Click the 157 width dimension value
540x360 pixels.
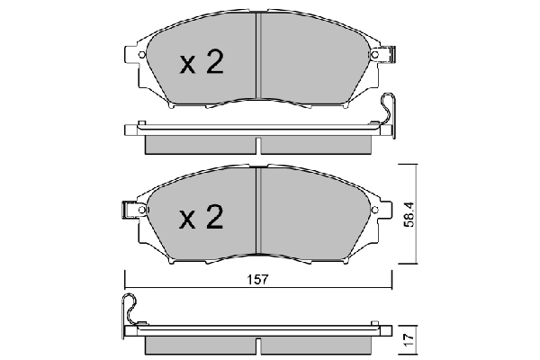point(257,280)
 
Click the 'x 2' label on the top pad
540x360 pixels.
point(201,63)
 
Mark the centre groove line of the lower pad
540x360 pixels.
point(259,216)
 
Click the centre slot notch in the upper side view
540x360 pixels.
point(259,144)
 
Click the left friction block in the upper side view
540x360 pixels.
point(200,144)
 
